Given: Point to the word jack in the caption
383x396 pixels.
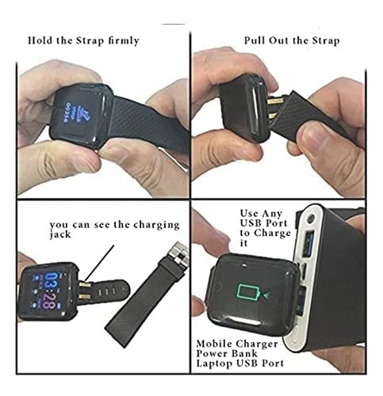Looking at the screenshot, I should pyautogui.click(x=63, y=235).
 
